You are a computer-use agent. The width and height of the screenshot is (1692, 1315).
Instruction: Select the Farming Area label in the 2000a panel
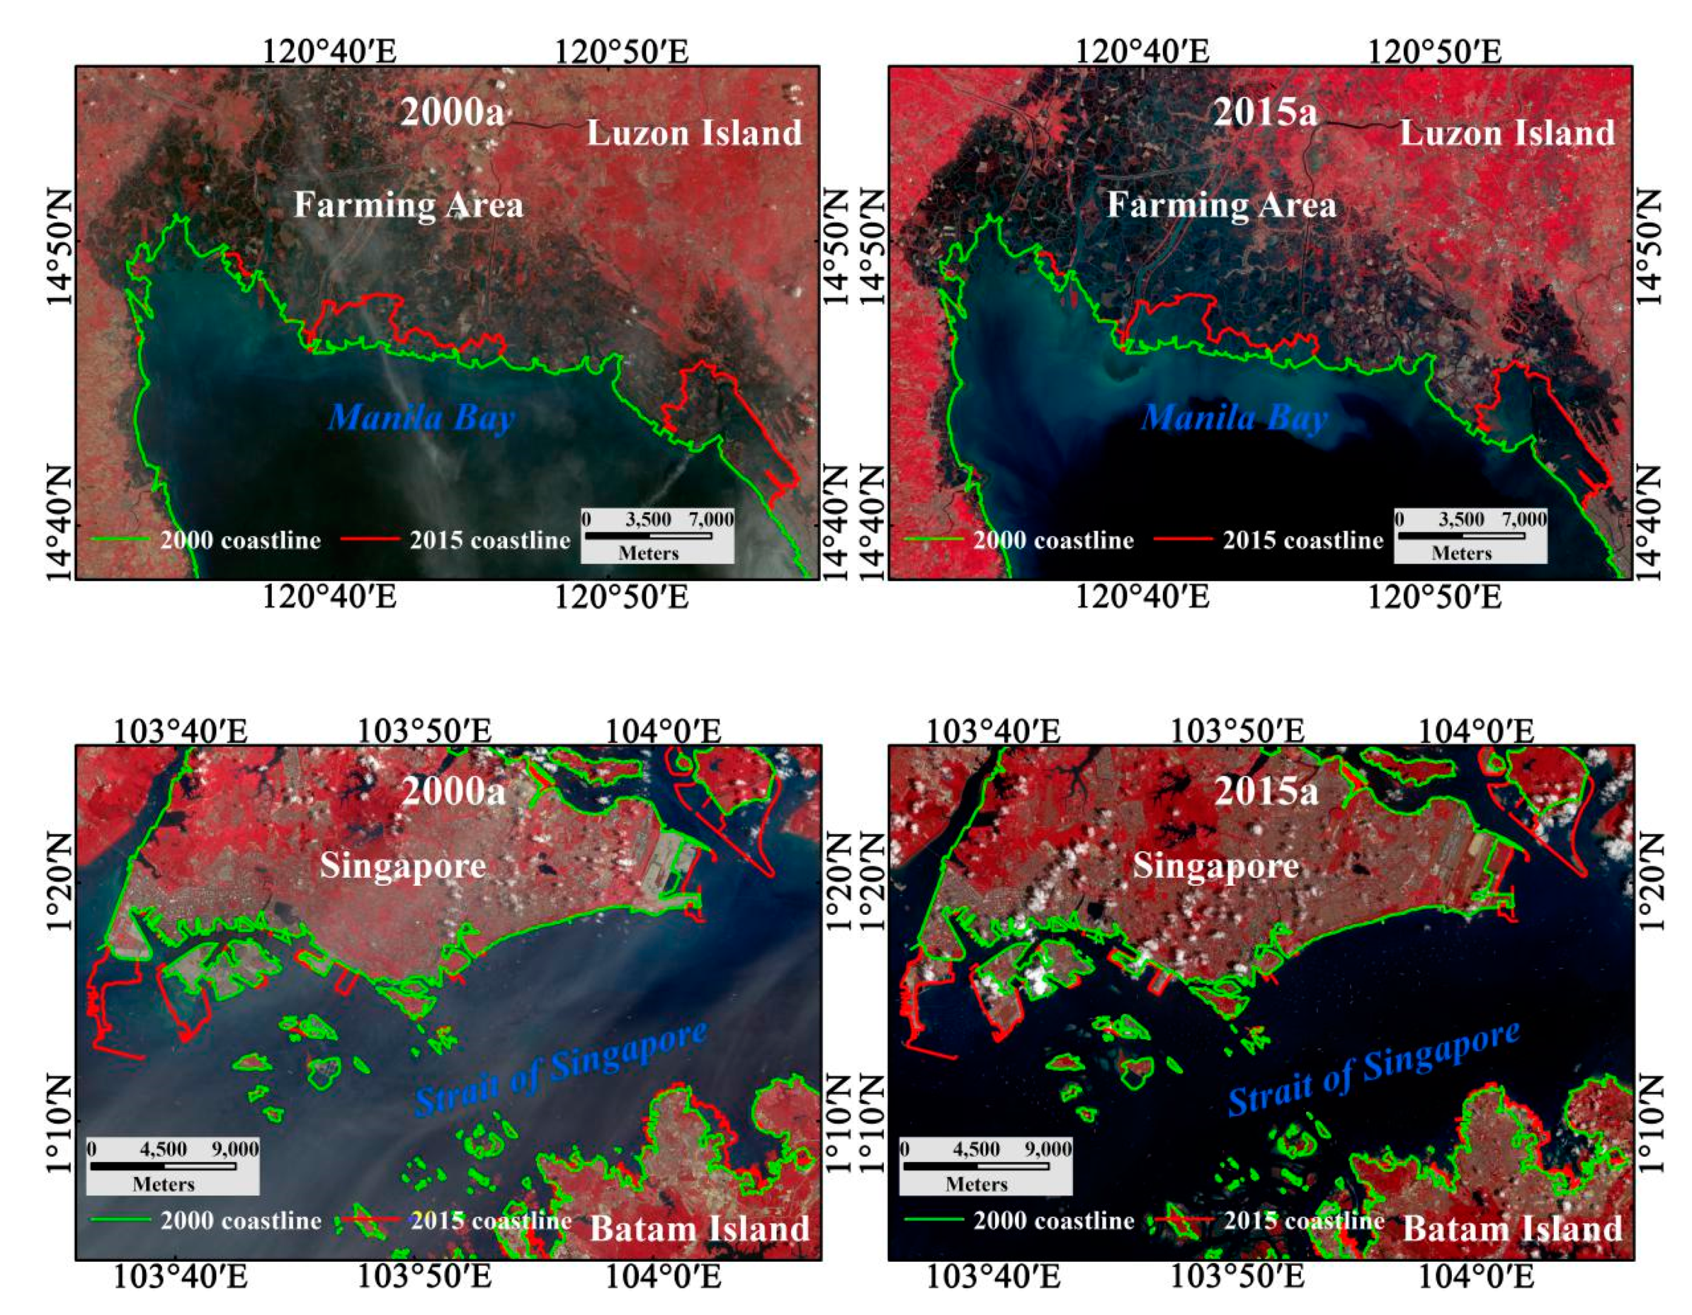coord(408,206)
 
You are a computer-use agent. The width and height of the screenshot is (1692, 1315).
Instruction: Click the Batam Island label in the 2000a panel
coord(699,1229)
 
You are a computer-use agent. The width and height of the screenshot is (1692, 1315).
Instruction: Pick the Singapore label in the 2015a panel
coord(1216,866)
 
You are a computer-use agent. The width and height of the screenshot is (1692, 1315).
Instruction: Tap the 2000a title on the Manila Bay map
coord(451,112)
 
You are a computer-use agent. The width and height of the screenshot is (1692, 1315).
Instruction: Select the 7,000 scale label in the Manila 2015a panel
coord(1524,519)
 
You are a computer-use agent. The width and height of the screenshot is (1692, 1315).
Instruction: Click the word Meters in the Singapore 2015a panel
coord(976,1184)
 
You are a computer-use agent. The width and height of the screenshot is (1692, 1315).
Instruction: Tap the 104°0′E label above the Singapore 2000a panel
coord(663,731)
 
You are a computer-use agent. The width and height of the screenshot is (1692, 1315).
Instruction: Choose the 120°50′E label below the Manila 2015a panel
coord(1434,597)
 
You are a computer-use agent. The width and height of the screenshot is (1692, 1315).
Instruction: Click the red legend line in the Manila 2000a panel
coord(370,539)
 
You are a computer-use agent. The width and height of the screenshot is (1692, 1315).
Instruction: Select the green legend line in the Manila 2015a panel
coord(934,539)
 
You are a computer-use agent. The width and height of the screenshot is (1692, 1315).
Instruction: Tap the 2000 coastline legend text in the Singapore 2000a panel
coord(240,1221)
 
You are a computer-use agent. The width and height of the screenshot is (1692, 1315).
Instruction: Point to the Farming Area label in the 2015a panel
coord(1221,206)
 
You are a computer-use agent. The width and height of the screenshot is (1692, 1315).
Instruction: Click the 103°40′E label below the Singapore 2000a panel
coord(181,1277)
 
